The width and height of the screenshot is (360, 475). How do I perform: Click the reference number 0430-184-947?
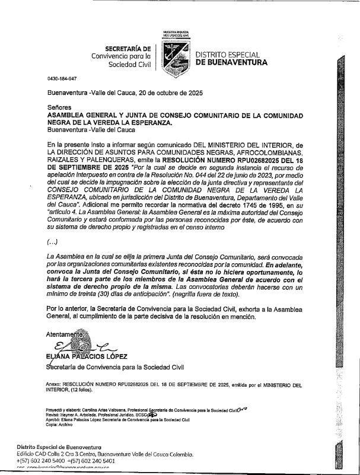click(62, 79)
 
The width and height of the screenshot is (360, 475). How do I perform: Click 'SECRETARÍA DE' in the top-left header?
click(128, 48)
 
